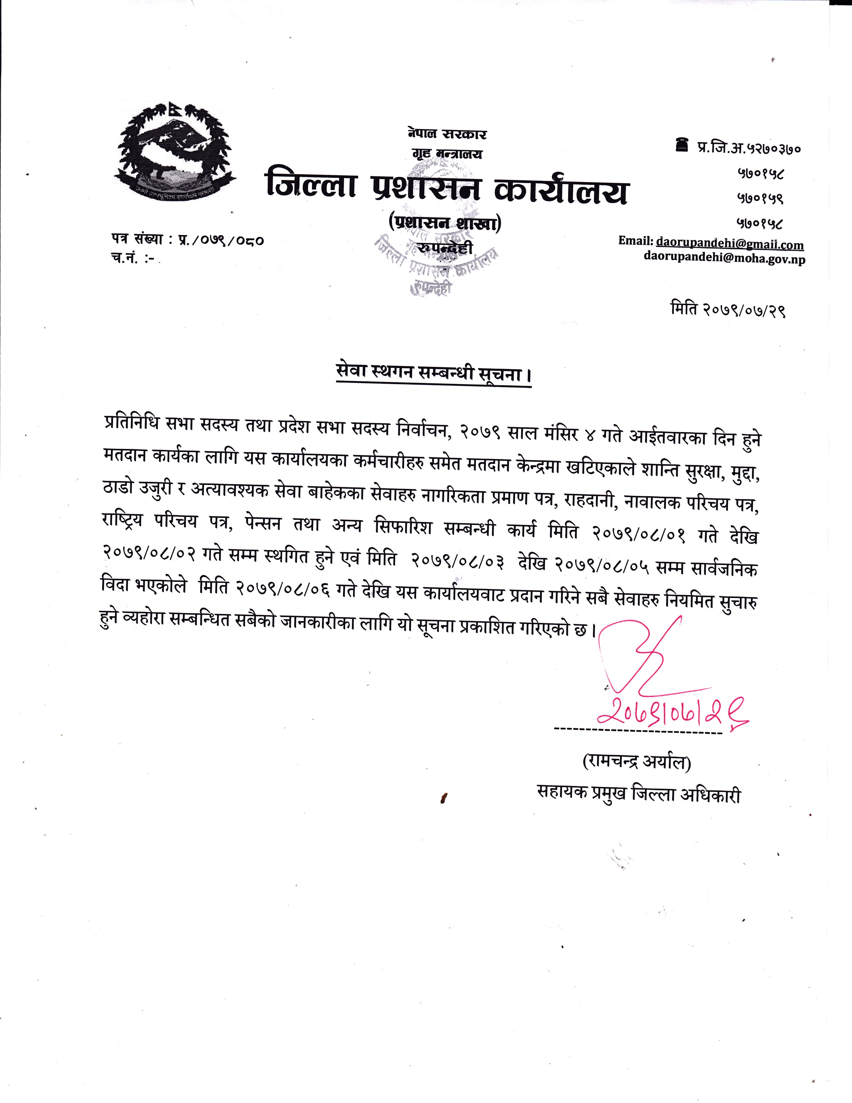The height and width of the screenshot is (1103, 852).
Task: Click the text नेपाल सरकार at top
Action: [x=447, y=134]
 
